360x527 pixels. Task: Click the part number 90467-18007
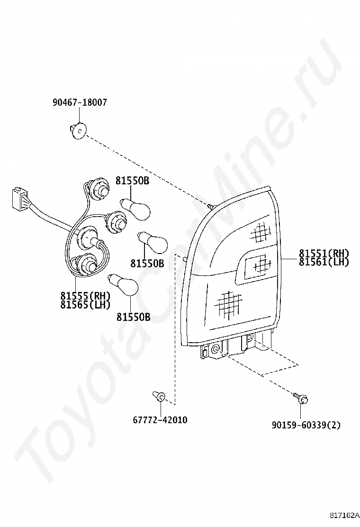click(x=80, y=102)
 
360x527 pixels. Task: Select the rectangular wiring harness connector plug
click(x=18, y=198)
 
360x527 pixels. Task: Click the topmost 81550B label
click(x=132, y=181)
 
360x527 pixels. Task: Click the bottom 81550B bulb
click(x=125, y=285)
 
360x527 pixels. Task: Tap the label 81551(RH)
click(x=324, y=253)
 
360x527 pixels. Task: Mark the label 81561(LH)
click(x=324, y=262)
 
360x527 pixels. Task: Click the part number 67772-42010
click(x=160, y=420)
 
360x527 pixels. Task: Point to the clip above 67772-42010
click(x=159, y=396)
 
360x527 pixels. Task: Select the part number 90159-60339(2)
click(x=306, y=425)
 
